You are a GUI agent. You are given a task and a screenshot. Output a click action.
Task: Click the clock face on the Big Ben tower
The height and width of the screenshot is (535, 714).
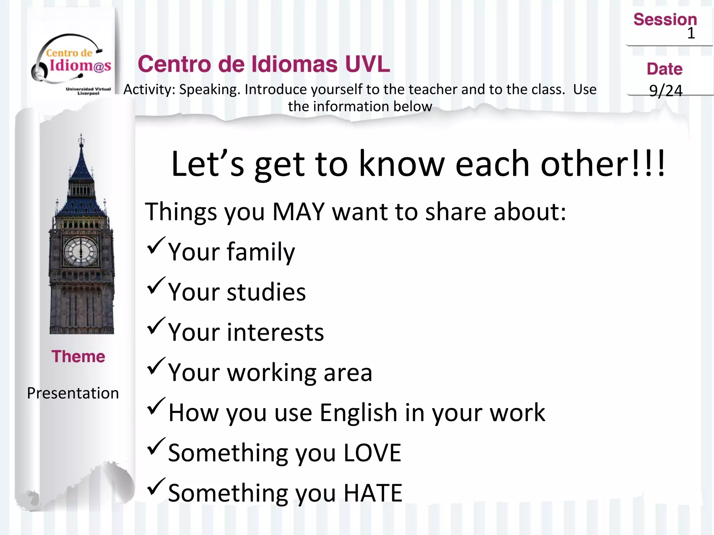pyautogui.click(x=81, y=251)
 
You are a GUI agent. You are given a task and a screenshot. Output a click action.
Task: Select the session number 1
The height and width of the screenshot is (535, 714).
pyautogui.click(x=691, y=33)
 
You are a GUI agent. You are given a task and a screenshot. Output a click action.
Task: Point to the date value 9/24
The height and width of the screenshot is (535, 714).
pyautogui.click(x=666, y=91)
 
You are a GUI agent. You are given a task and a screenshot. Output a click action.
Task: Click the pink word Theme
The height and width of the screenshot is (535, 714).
pyautogui.click(x=78, y=356)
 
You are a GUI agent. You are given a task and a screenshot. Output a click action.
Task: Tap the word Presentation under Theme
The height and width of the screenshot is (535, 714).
pyautogui.click(x=73, y=393)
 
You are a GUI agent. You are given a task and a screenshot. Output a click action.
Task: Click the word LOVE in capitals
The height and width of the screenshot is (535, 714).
pyautogui.click(x=372, y=453)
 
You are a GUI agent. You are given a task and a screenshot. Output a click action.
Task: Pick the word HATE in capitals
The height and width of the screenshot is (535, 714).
pyautogui.click(x=373, y=493)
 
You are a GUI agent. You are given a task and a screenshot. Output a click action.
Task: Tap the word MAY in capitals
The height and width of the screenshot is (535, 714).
pyautogui.click(x=298, y=211)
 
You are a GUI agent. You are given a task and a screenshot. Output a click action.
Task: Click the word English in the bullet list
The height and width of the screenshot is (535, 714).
pyautogui.click(x=358, y=412)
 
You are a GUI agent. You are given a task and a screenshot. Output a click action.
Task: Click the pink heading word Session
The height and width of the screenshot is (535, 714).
pyautogui.click(x=665, y=19)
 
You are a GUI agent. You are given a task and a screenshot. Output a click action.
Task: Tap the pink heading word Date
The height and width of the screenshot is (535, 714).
pyautogui.click(x=664, y=69)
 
